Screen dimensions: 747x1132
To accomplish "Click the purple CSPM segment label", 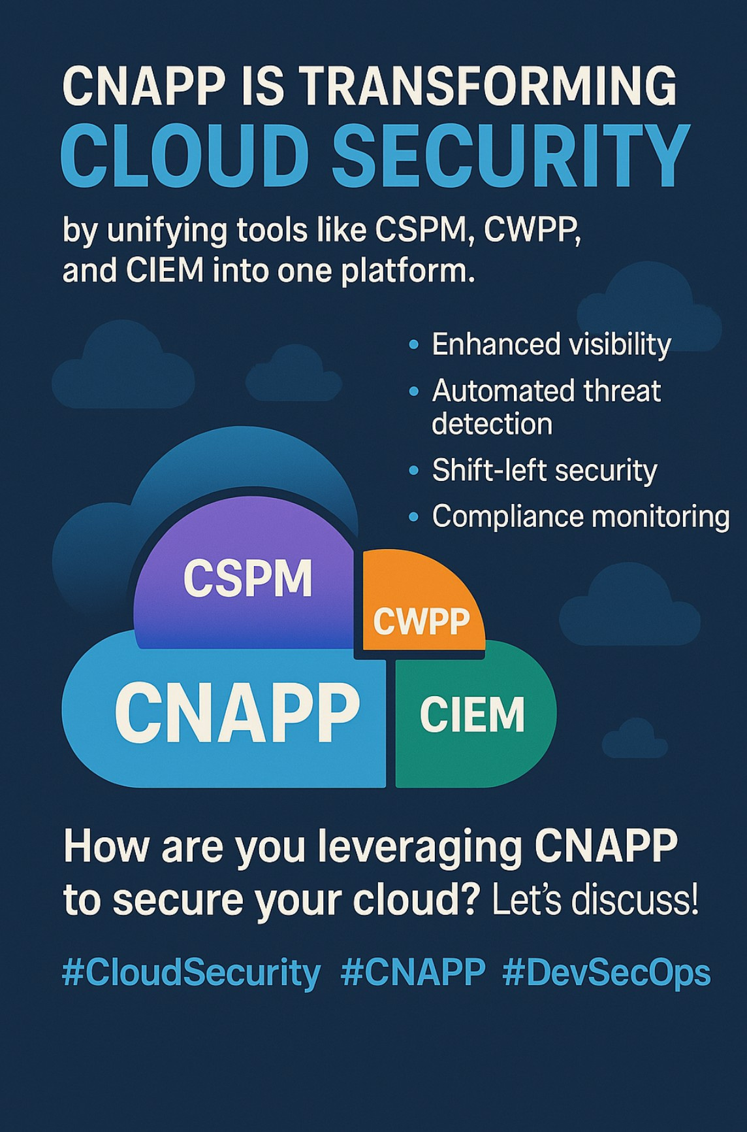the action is click(247, 578).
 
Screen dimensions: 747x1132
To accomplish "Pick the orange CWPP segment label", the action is click(421, 622).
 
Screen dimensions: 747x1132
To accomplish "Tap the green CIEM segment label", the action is click(471, 714).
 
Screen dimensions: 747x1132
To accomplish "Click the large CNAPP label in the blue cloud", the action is click(237, 712).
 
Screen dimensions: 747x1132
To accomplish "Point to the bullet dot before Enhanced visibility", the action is click(413, 344).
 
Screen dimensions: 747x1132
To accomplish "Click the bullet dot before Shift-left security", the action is click(413, 471).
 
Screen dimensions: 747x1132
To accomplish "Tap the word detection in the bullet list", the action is click(492, 424).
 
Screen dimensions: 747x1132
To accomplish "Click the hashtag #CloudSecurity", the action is click(191, 973).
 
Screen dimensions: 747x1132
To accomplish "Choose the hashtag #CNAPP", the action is click(413, 973).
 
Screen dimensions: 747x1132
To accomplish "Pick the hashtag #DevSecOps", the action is click(606, 973).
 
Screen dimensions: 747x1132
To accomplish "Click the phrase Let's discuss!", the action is click(594, 901).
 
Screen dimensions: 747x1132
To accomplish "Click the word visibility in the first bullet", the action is click(614, 344).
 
